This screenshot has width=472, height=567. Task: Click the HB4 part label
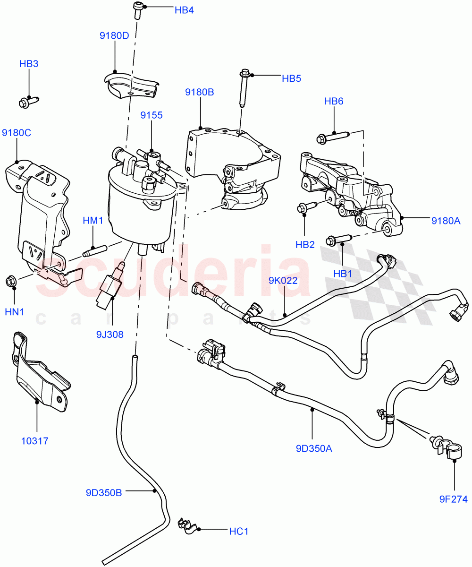click(184, 10)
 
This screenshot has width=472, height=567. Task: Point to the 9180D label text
click(114, 35)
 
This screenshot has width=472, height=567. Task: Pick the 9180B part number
click(199, 92)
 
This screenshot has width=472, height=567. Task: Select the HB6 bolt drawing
click(333, 137)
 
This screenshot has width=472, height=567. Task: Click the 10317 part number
click(35, 441)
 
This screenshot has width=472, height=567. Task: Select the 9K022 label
click(283, 280)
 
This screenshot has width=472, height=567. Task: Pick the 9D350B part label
click(104, 493)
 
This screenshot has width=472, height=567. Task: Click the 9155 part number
click(152, 115)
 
